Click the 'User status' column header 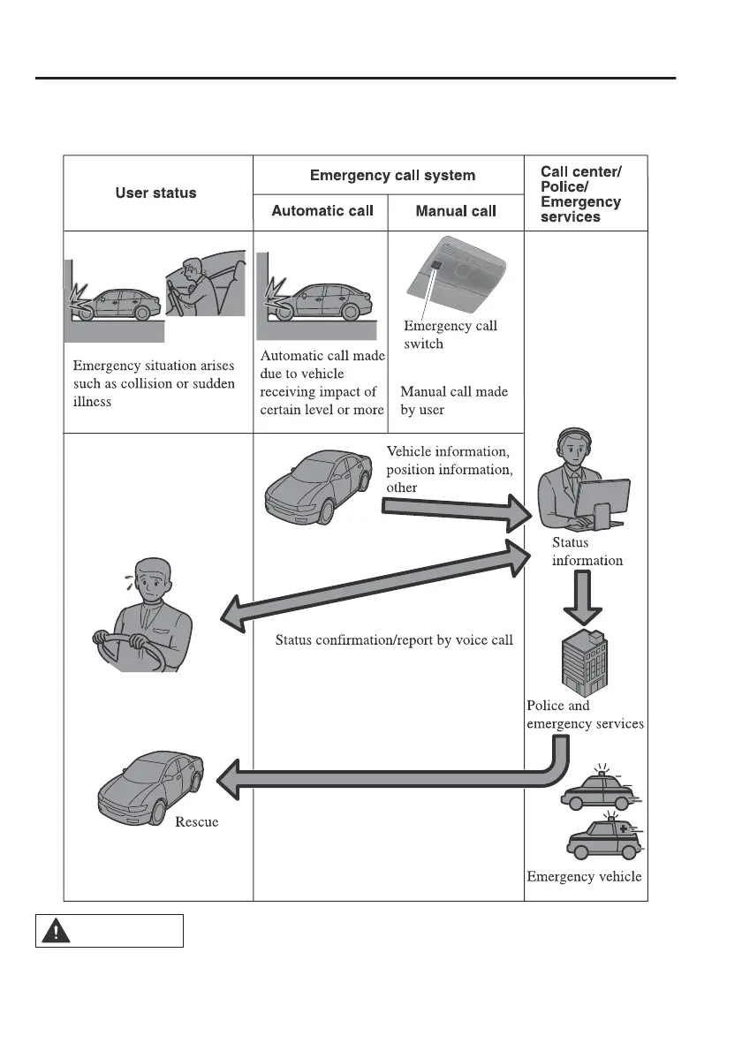click(156, 193)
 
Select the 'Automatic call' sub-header click(322, 211)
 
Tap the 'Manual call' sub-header click(455, 211)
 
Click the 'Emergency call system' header click(392, 175)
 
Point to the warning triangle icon click(57, 931)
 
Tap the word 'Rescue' click(196, 822)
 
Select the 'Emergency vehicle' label click(584, 877)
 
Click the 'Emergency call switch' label click(450, 334)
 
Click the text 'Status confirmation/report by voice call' click(394, 639)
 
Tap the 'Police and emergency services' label click(585, 715)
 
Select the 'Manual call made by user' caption click(454, 400)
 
